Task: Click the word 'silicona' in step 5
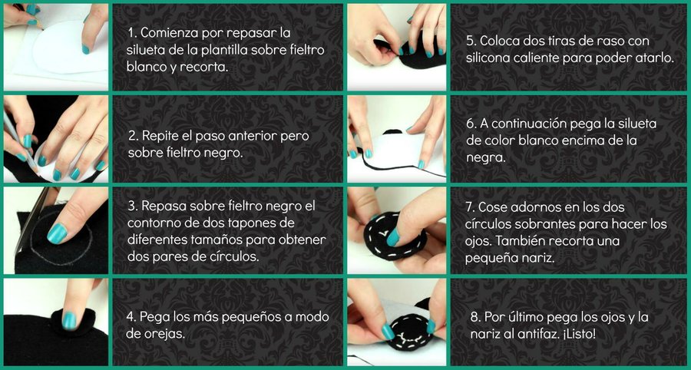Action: [x=488, y=58]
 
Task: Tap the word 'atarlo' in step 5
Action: [x=656, y=58]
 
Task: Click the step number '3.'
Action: [x=133, y=206]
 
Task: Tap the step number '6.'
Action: [x=471, y=124]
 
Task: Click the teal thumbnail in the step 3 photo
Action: [x=57, y=233]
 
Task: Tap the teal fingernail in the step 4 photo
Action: [x=69, y=320]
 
